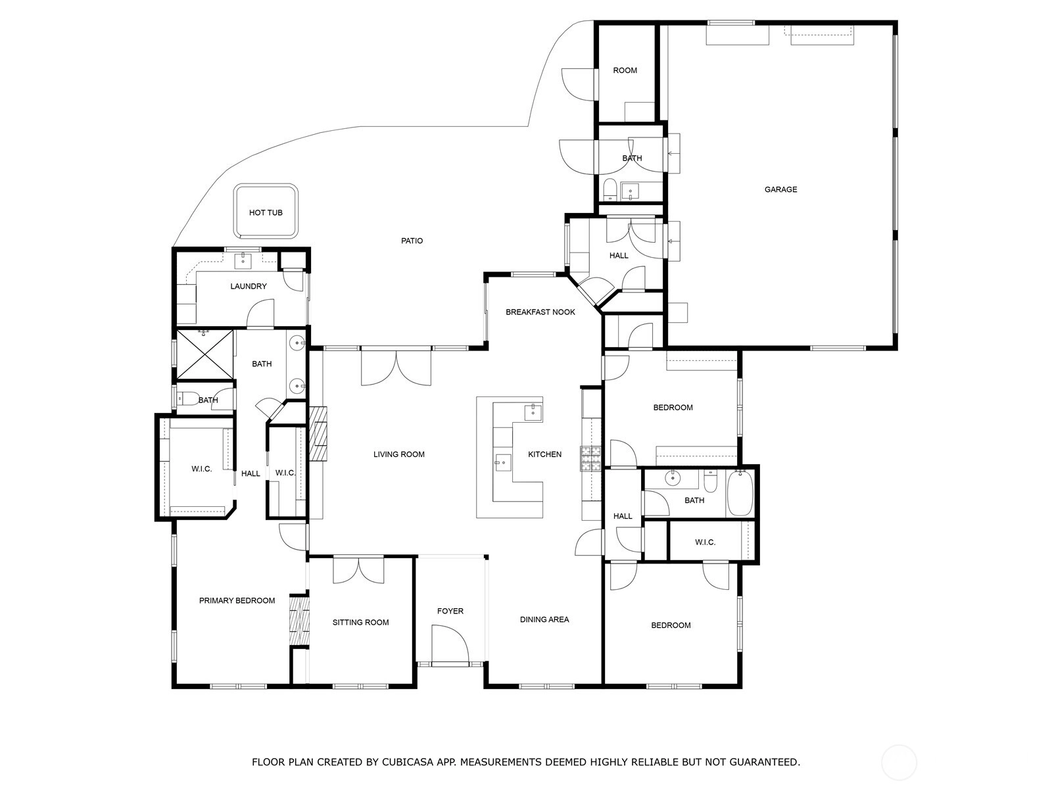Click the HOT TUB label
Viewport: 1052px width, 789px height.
[x=266, y=212]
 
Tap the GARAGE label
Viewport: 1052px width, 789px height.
[x=780, y=190]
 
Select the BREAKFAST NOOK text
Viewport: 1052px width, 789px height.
[x=540, y=312]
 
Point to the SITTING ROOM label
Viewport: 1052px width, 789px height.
[x=360, y=623]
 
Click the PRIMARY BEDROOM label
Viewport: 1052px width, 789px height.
[x=237, y=601]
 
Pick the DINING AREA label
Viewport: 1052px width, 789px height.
[x=544, y=620]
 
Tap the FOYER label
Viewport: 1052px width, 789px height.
[x=450, y=611]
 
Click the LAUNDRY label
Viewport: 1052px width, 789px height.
[x=249, y=287]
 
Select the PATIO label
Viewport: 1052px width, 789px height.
[x=412, y=241]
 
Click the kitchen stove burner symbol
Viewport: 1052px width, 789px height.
[x=591, y=458]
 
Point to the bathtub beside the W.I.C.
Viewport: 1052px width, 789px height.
[x=740, y=493]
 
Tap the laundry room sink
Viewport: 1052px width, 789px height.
[x=243, y=260]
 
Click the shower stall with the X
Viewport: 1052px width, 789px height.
[x=205, y=354]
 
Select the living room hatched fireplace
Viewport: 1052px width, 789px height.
[x=318, y=433]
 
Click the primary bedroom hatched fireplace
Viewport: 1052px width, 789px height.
[x=300, y=621]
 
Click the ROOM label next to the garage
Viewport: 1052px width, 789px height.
[x=625, y=71]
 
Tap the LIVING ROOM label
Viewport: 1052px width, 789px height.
[x=398, y=454]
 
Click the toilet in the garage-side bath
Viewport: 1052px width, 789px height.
[x=610, y=190]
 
